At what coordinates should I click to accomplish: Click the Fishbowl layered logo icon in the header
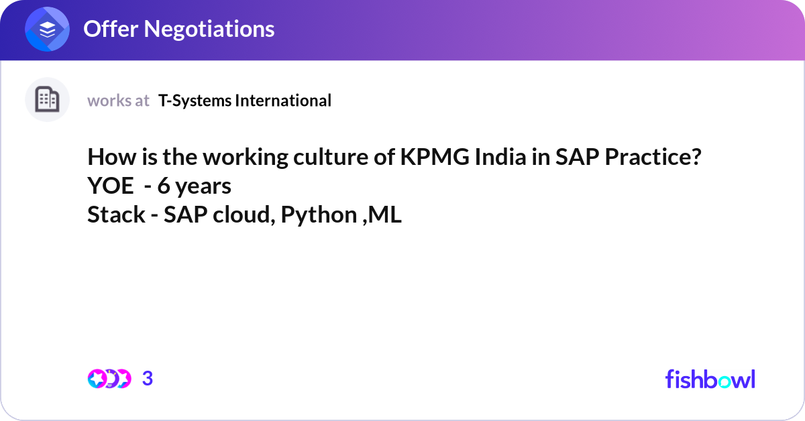(48, 29)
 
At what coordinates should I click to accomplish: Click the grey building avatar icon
(47, 100)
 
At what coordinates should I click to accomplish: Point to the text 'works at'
(118, 101)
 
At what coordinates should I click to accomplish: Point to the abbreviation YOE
(111, 186)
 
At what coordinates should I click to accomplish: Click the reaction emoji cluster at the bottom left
(109, 379)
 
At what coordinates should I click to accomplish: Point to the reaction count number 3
(148, 379)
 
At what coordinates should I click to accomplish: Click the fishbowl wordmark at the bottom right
(710, 379)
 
